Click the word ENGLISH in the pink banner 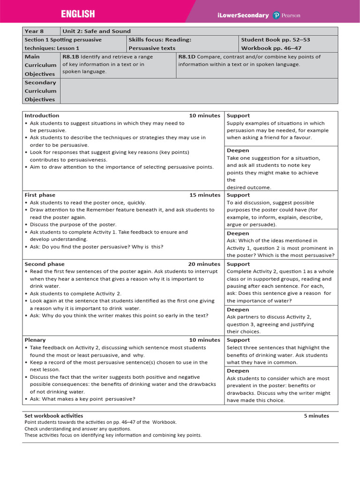tap(78, 14)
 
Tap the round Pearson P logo tap(276, 15)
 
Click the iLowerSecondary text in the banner tap(243, 15)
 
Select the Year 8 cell tap(34, 31)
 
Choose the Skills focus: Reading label tap(160, 40)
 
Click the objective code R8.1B tap(71, 57)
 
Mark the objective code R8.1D tap(187, 57)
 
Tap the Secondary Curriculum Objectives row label tap(40, 91)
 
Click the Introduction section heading tap(42, 116)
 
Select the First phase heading tap(40, 195)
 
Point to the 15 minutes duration tap(204, 195)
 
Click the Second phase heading tap(45, 264)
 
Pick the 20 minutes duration tap(204, 264)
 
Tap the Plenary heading tap(35, 340)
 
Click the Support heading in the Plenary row tap(238, 340)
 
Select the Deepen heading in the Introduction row tap(238, 150)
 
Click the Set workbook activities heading tap(53, 416)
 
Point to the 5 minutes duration tap(316, 416)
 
